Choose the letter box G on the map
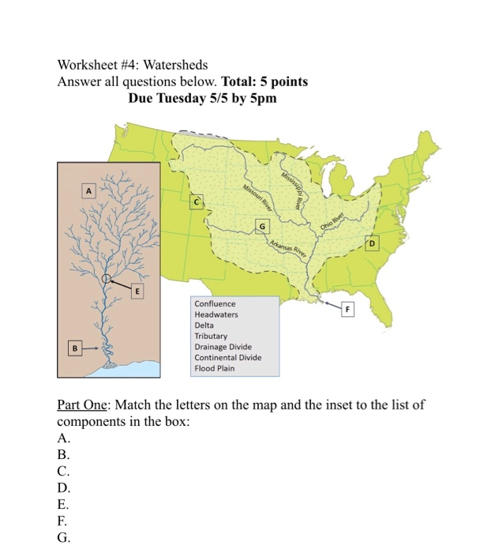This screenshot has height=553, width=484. point(261,228)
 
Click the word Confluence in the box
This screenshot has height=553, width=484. point(215,303)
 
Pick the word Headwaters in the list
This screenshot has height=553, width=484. point(216,314)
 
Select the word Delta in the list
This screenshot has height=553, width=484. point(204,325)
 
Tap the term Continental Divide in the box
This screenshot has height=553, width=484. point(227,357)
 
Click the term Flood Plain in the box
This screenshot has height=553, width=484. point(214,368)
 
